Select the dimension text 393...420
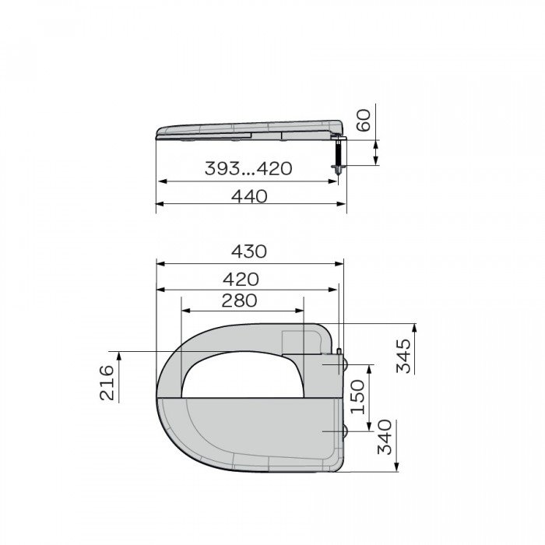(x=248, y=169)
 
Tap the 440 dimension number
(x=248, y=195)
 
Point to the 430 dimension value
(x=248, y=251)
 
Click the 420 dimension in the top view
(x=241, y=279)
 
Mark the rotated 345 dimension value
(x=404, y=355)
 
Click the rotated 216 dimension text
(x=107, y=382)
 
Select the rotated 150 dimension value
(x=357, y=396)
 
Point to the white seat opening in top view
(x=241, y=374)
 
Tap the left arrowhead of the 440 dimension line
(x=160, y=204)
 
